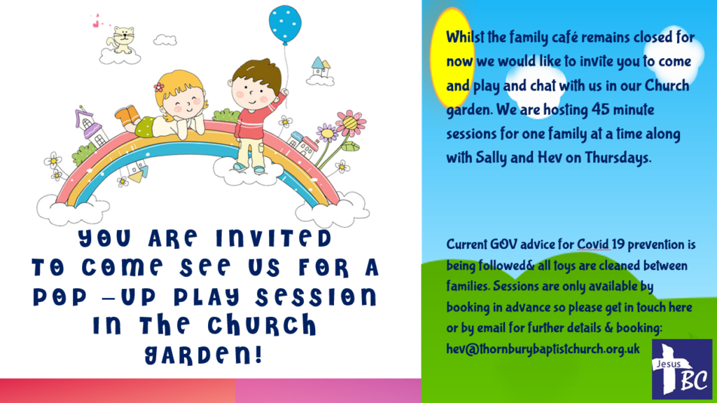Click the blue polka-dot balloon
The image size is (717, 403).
click(286, 24)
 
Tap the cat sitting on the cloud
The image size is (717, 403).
click(123, 40)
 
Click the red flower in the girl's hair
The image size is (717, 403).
click(159, 87)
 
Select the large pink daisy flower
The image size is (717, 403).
click(350, 123)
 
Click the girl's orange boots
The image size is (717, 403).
click(127, 115)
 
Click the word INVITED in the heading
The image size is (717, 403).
click(274, 238)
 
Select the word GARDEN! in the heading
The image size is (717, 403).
click(204, 355)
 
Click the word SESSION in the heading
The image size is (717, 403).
click(316, 296)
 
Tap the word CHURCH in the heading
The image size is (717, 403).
click(262, 325)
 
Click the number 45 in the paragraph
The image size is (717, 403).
click(600, 109)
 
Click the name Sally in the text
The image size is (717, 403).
click(491, 158)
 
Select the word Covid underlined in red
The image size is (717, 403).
click(594, 245)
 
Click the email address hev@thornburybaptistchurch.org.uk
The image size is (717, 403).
click(543, 349)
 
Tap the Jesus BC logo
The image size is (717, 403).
click(682, 369)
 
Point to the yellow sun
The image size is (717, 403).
click(452, 57)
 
